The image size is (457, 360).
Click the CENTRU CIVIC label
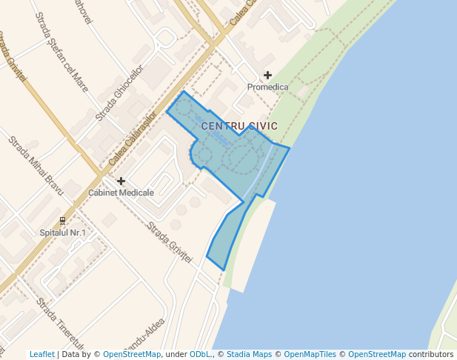coord(239,126)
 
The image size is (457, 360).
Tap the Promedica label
coord(267,87)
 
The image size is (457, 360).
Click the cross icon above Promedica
coord(267,76)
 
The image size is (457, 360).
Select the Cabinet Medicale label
coord(121,193)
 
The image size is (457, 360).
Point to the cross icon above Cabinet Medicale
coord(121,181)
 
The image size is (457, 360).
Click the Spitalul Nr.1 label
coord(63,233)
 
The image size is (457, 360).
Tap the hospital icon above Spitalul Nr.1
coord(63,221)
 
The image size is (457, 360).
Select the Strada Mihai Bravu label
coord(36,166)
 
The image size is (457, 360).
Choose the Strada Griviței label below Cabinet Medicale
coord(170,241)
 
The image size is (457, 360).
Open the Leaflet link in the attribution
coord(42,354)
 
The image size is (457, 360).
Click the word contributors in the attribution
coord(430,354)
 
